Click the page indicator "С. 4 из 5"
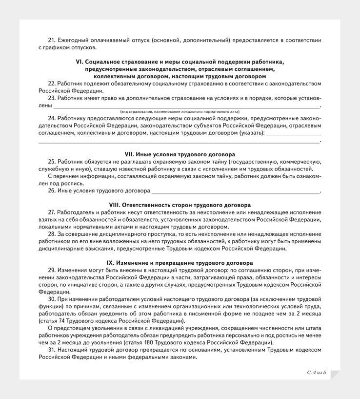[x=317, y=373]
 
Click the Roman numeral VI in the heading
[x=80, y=62]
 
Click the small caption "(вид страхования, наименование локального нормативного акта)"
[x=180, y=112]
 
